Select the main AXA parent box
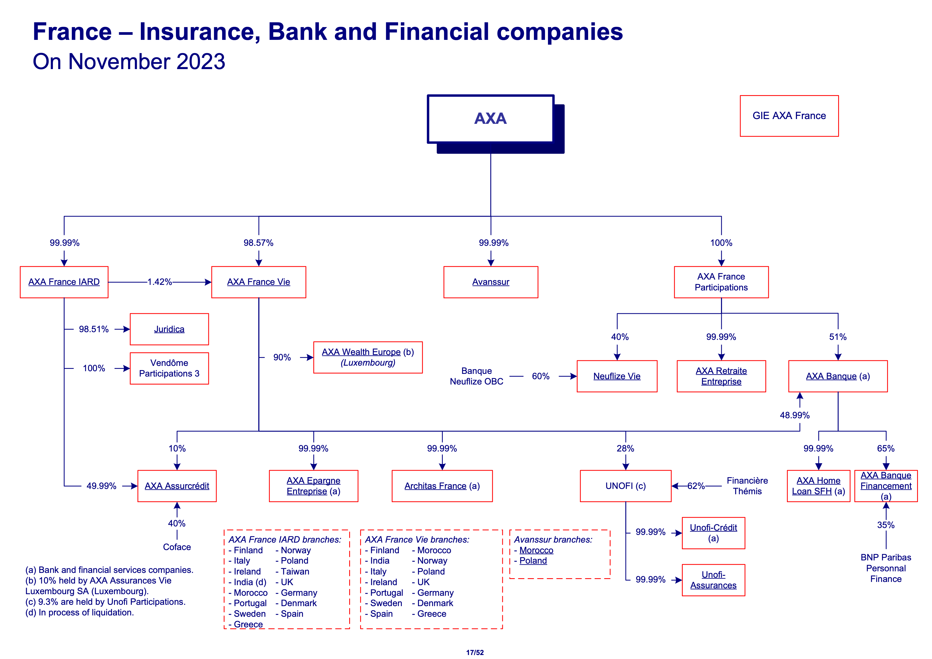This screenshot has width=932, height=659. (x=490, y=119)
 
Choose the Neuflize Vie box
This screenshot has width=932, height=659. (x=617, y=376)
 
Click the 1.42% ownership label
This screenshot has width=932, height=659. (x=159, y=282)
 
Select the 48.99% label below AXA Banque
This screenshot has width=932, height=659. (x=794, y=415)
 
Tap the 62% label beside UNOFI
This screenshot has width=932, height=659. (x=696, y=486)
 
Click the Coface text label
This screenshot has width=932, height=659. (x=176, y=547)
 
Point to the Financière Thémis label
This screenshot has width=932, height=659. (x=747, y=486)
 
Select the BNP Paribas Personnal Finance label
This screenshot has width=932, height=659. (x=886, y=568)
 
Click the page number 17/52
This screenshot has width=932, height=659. (x=475, y=653)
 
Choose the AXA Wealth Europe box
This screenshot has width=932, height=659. (x=368, y=357)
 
